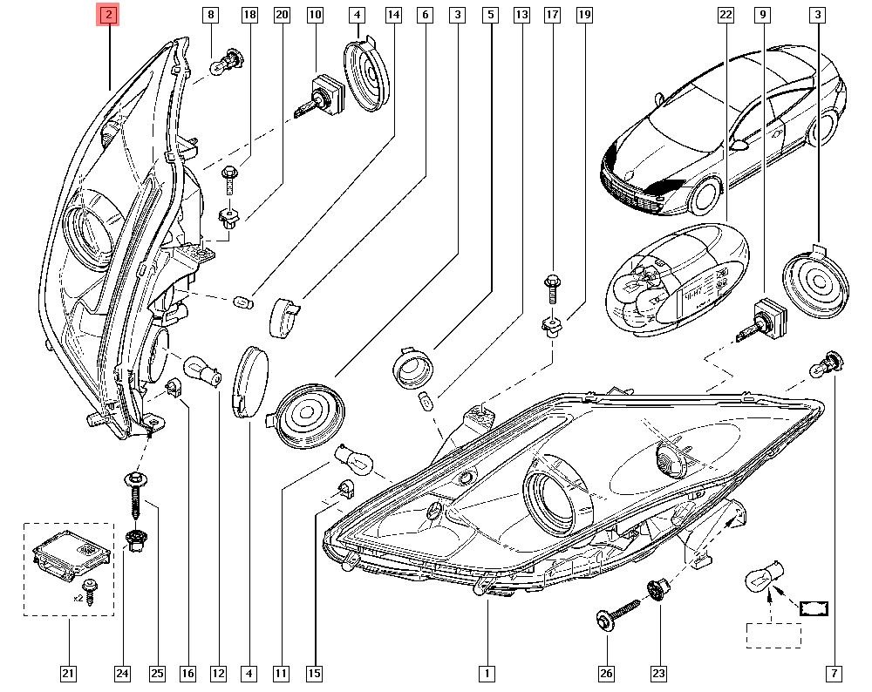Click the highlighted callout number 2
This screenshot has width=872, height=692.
(x=108, y=15)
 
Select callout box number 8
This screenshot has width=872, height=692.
(x=210, y=15)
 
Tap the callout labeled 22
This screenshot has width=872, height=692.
(x=726, y=15)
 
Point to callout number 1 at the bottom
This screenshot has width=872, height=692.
(x=486, y=673)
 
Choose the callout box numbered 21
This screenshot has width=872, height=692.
(x=67, y=673)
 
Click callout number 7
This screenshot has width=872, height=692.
(x=835, y=673)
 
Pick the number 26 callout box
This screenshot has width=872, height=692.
(x=606, y=673)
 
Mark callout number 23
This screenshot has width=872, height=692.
(x=658, y=673)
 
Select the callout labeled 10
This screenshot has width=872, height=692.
(x=314, y=15)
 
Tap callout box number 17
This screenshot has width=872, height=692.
(x=551, y=15)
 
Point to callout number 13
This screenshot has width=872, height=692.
(x=521, y=15)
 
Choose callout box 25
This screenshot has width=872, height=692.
(x=157, y=673)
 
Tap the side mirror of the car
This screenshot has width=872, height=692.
(x=740, y=146)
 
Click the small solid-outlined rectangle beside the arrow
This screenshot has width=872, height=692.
(x=814, y=607)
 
